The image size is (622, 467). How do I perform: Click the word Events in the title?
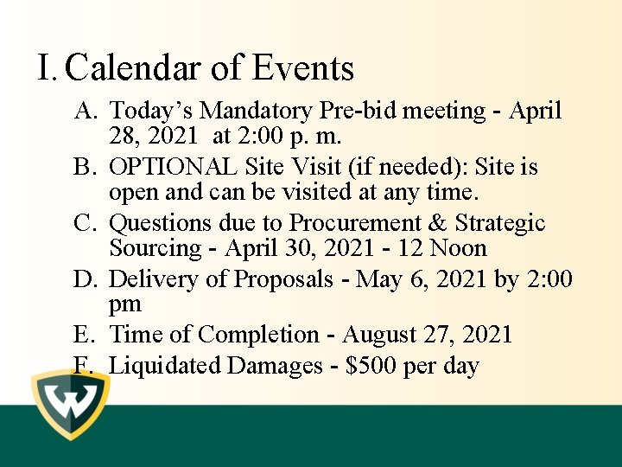(x=303, y=68)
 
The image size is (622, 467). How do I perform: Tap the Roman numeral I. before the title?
(x=48, y=68)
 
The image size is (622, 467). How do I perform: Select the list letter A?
(x=86, y=112)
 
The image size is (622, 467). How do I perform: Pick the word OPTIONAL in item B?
(x=173, y=167)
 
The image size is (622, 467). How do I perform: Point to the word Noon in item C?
(x=460, y=249)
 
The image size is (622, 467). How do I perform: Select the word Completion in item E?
(x=263, y=335)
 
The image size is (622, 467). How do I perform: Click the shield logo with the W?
(x=71, y=403)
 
